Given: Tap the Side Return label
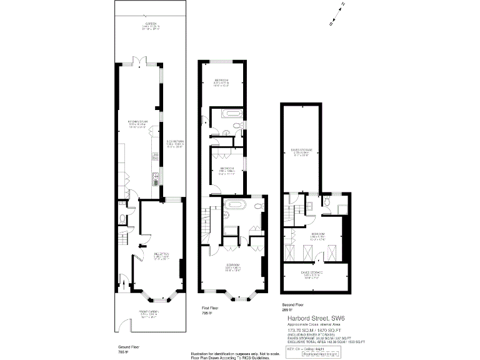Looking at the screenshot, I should coord(174,142).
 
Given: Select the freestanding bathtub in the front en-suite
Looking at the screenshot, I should coord(236,205).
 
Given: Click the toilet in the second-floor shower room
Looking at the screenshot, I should coord(309,207).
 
